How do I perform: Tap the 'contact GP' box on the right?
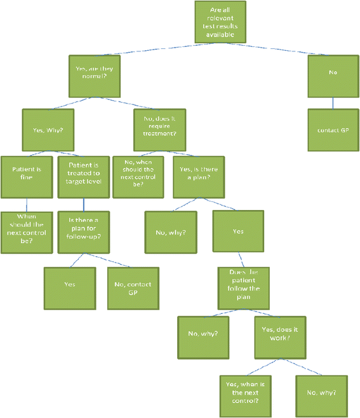pos(333,130)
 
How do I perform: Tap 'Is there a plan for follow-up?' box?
pos(83,231)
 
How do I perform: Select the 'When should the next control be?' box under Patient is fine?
pos(26,231)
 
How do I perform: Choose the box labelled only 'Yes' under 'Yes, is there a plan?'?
pos(237,231)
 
